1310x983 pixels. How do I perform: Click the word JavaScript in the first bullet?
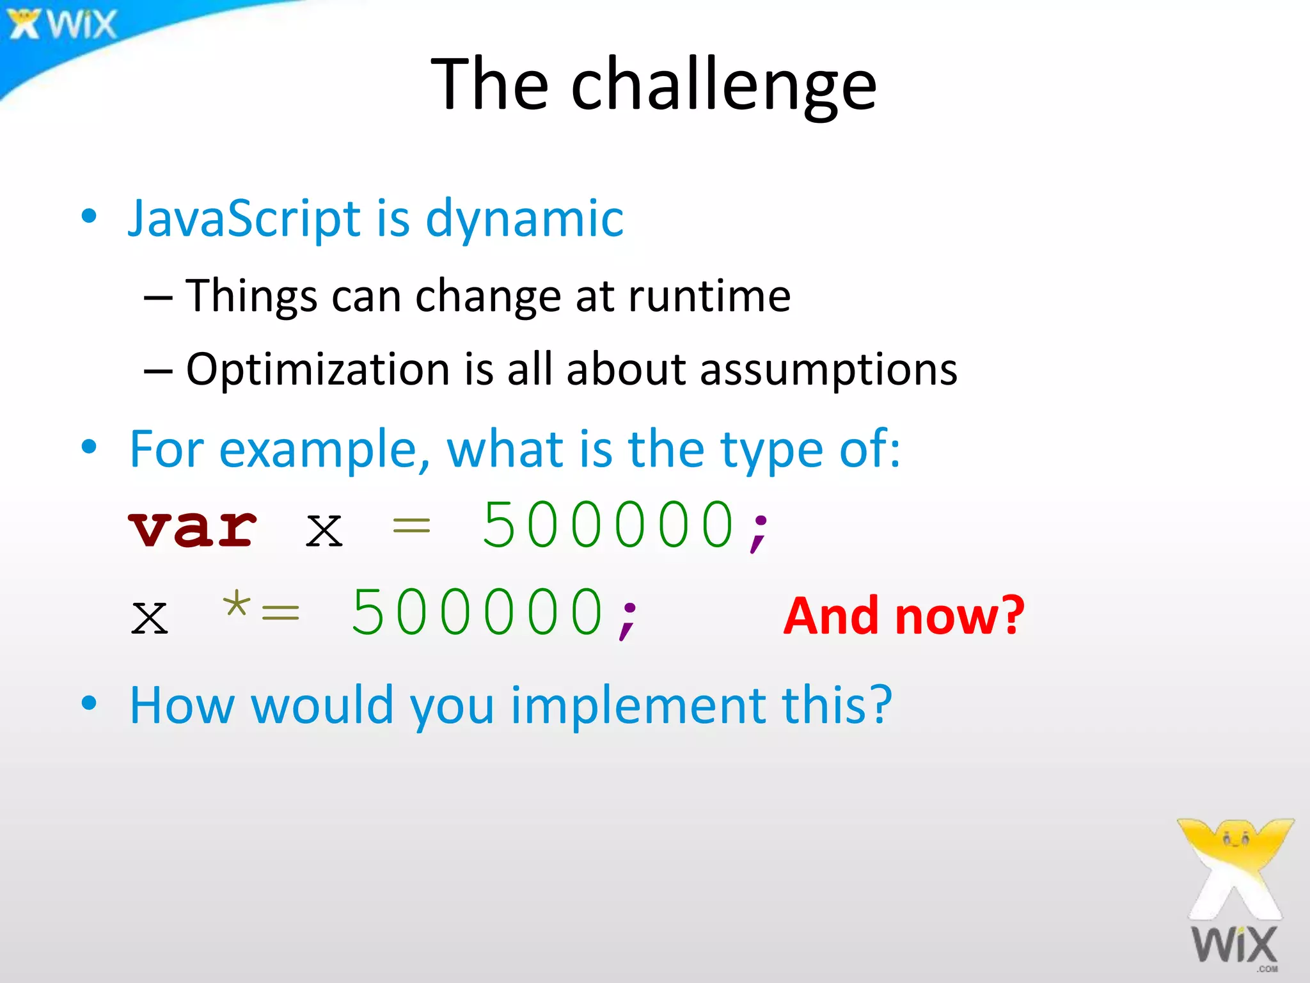click(244, 219)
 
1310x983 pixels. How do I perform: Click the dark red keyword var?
click(192, 528)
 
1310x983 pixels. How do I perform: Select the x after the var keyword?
click(324, 531)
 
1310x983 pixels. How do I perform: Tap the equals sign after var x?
click(411, 527)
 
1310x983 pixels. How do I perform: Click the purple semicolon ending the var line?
click(759, 531)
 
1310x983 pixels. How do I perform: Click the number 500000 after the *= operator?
click(478, 613)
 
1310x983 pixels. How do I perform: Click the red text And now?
click(903, 616)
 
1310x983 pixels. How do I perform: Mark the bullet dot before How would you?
click(89, 703)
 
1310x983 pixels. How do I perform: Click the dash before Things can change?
click(157, 298)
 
